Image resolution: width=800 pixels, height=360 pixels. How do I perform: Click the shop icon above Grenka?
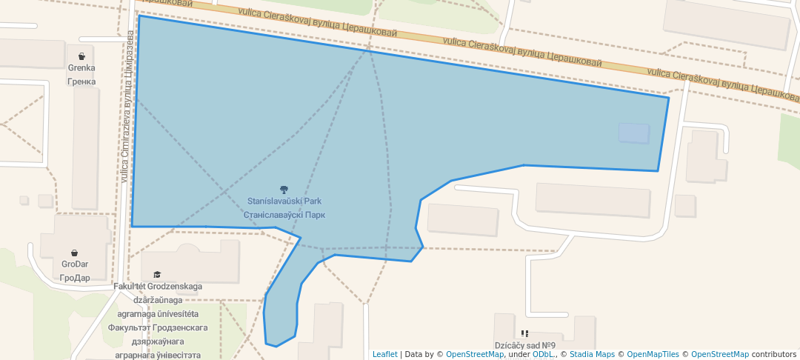click(x=81, y=56)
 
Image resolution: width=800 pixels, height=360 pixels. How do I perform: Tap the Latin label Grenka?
click(x=81, y=68)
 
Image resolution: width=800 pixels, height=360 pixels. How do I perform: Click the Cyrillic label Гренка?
click(x=81, y=81)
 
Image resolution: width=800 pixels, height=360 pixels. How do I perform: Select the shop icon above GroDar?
click(x=75, y=253)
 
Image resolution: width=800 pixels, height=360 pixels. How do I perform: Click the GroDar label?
click(x=75, y=265)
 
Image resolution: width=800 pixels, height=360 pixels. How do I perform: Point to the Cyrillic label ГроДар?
click(x=75, y=278)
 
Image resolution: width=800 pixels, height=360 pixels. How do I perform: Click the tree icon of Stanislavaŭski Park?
click(x=284, y=190)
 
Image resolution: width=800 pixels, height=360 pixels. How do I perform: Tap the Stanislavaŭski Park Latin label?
click(x=284, y=201)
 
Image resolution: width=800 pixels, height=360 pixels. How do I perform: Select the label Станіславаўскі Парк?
click(x=284, y=215)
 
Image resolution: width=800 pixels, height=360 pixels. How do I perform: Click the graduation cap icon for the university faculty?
click(x=157, y=275)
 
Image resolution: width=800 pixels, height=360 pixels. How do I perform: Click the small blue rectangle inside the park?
click(x=633, y=133)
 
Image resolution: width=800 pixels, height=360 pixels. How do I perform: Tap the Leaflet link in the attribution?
click(x=384, y=354)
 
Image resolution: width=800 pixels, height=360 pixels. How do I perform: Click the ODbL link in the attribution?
click(x=543, y=354)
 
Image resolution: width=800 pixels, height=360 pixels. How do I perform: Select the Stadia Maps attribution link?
click(x=592, y=354)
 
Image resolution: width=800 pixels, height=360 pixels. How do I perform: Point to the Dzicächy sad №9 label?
click(x=525, y=346)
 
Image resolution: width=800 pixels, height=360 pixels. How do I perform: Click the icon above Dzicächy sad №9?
click(x=525, y=334)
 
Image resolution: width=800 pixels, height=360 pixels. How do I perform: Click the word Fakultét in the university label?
click(x=130, y=287)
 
